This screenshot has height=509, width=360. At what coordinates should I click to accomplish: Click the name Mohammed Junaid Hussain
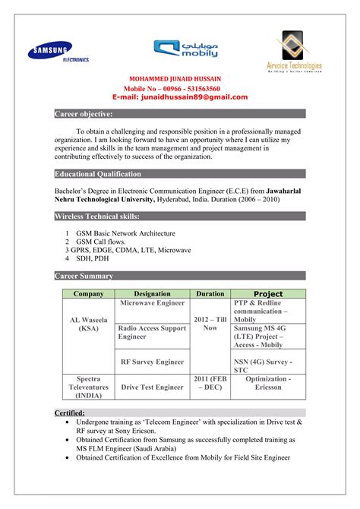(179, 78)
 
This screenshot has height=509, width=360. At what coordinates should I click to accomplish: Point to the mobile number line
(180, 88)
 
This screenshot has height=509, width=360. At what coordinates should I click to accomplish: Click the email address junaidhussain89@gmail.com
(180, 97)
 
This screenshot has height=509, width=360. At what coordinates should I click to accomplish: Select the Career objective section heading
(84, 113)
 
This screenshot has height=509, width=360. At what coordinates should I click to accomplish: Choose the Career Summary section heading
(84, 276)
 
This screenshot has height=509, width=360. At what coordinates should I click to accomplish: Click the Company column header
(88, 293)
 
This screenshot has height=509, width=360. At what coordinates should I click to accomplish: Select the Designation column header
(152, 293)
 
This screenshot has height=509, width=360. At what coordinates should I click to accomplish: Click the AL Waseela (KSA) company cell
(88, 324)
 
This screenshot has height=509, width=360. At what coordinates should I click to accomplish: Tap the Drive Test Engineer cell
(152, 387)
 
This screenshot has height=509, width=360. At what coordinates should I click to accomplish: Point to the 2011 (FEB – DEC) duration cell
(210, 382)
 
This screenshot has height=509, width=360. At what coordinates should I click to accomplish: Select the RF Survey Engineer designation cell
(152, 362)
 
